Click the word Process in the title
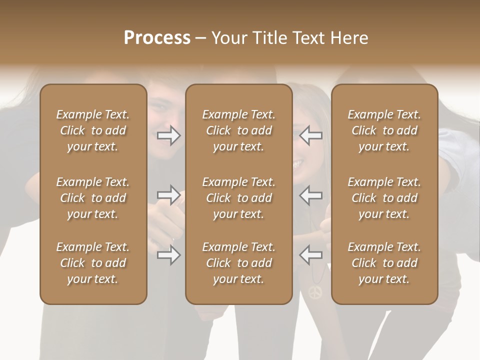click(157, 38)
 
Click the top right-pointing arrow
click(169, 135)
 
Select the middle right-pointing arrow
click(169, 195)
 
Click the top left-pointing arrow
click(310, 135)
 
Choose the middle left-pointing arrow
click(310, 195)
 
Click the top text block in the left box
click(93, 130)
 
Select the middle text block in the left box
click(93, 198)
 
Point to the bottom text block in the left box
click(93, 263)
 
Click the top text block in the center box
click(238, 130)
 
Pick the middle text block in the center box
click(238, 198)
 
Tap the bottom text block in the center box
click(238, 263)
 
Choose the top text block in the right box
click(384, 130)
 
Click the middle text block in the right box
click(384, 198)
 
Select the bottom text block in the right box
click(384, 263)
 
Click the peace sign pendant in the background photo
click(316, 291)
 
